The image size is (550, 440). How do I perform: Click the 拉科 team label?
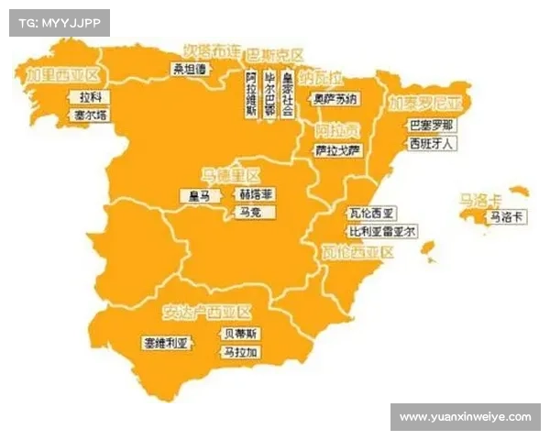pyautogui.click(x=90, y=96)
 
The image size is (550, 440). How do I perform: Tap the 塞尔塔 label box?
pyautogui.click(x=90, y=115)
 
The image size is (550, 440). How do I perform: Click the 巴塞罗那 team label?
pyautogui.click(x=431, y=125)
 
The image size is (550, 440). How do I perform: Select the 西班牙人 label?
pyautogui.click(x=431, y=144)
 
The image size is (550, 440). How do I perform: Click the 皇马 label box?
pyautogui.click(x=200, y=195)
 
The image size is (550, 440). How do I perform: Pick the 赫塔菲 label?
pyautogui.click(x=256, y=195)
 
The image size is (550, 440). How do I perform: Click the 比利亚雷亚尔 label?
pyautogui.click(x=381, y=231)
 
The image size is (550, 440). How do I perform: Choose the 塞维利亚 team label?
pyautogui.click(x=165, y=343)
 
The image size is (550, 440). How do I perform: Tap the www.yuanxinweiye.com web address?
pyautogui.click(x=465, y=417)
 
